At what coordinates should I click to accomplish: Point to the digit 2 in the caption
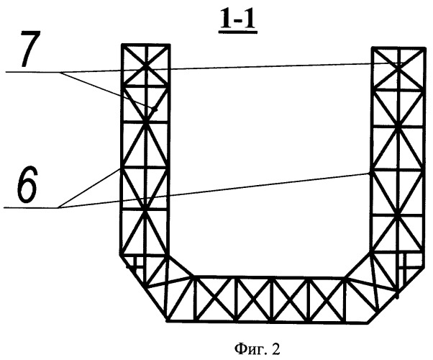(276, 349)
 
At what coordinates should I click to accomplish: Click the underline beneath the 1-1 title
(238, 32)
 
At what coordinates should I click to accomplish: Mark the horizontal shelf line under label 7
(33, 72)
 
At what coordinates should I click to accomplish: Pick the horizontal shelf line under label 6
(31, 207)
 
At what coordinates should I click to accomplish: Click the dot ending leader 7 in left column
(155, 110)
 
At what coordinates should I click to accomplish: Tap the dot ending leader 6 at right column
(369, 174)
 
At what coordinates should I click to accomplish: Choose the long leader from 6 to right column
(214, 191)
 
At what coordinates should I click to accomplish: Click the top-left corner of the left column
(122, 44)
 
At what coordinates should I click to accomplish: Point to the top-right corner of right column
(424, 48)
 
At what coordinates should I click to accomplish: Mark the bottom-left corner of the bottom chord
(167, 321)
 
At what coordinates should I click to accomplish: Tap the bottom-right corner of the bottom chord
(368, 323)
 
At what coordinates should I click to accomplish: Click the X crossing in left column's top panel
(146, 65)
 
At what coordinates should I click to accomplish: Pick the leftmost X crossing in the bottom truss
(215, 300)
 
